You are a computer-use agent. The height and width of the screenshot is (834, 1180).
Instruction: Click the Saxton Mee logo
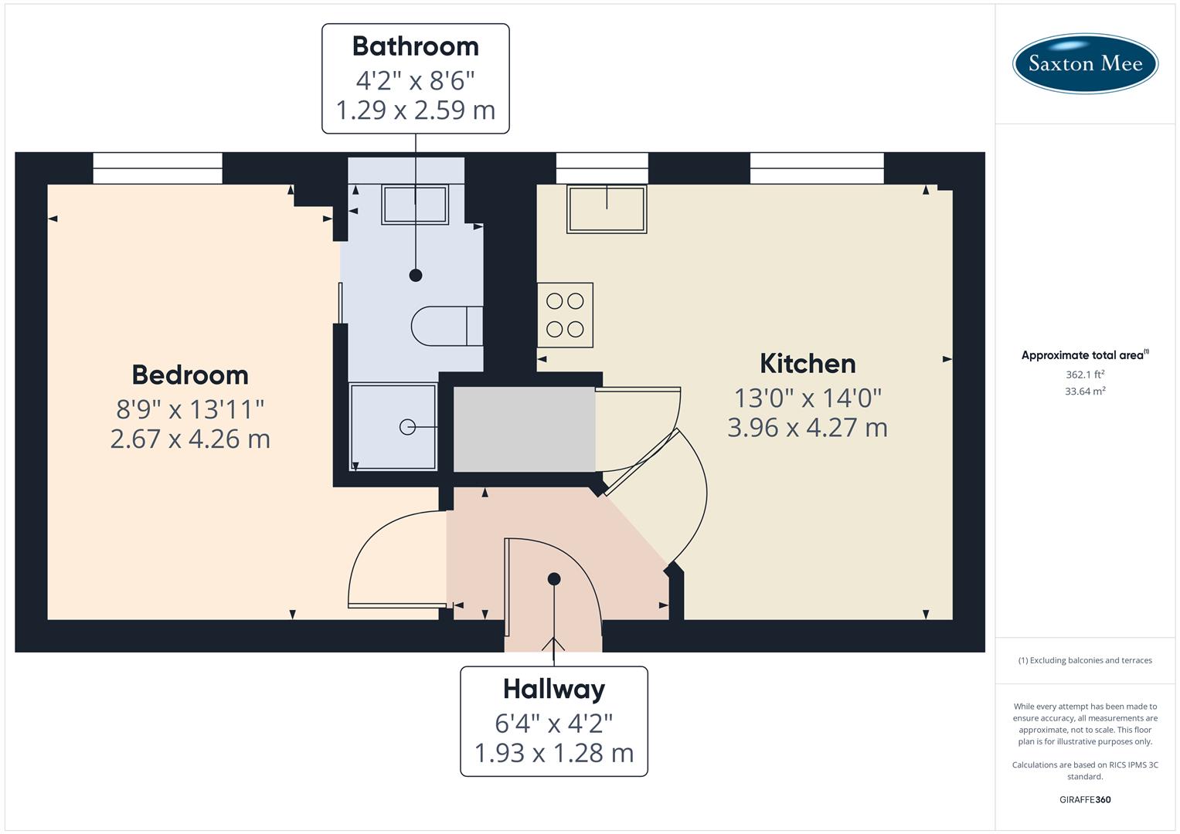point(1085,63)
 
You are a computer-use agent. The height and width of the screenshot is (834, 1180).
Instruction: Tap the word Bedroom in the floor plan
point(190,375)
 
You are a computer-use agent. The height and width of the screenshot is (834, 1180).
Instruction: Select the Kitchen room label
point(808,364)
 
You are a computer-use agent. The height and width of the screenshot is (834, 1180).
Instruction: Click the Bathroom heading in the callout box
point(416,46)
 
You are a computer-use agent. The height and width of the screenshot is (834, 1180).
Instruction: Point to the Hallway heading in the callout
point(554,689)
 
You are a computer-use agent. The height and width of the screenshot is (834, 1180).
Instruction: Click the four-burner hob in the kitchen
point(565,315)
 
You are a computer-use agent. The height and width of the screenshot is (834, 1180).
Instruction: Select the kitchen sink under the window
point(607,208)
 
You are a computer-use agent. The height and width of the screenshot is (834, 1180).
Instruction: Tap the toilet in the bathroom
point(447,326)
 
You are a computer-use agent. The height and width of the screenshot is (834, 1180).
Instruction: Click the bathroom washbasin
point(415,205)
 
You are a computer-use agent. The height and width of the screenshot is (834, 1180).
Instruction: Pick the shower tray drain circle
point(407,427)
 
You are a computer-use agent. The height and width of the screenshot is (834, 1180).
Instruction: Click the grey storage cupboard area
point(524,429)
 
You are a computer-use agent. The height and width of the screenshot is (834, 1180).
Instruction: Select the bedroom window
point(158,168)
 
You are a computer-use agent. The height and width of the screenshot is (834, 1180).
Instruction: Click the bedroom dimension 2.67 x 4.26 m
point(190,439)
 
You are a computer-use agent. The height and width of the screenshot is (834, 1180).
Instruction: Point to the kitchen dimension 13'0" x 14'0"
point(808,398)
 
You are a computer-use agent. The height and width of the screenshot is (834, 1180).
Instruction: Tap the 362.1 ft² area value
point(1085,375)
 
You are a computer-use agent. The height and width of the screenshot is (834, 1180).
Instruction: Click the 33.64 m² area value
point(1085,392)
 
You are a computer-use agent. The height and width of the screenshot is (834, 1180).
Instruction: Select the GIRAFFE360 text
point(1085,800)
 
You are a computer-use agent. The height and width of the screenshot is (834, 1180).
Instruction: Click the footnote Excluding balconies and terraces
point(1085,660)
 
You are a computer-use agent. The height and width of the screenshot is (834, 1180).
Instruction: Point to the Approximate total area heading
point(1083,355)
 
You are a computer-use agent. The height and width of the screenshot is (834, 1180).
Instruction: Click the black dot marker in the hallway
point(554,578)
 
